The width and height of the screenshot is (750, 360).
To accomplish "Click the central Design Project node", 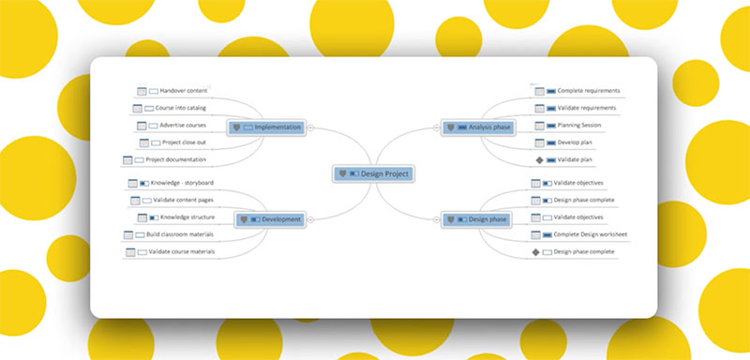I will [372, 173].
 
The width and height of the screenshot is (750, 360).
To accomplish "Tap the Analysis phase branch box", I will [478, 127].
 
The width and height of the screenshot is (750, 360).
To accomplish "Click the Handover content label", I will [183, 91].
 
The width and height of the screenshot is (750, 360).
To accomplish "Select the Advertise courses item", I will [183, 125].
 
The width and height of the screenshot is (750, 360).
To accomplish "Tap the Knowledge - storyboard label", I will [182, 182].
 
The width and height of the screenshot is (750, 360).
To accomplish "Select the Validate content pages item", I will [187, 200].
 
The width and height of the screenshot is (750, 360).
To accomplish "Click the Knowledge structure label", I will [188, 217].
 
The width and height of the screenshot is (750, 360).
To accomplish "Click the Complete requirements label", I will [588, 91].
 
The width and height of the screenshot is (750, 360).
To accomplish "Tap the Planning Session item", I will [578, 125].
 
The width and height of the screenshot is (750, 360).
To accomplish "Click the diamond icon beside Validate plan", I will [539, 160].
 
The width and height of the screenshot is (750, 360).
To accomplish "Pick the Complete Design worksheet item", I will [590, 234].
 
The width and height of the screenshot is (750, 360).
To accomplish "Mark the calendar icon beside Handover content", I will [142, 91].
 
